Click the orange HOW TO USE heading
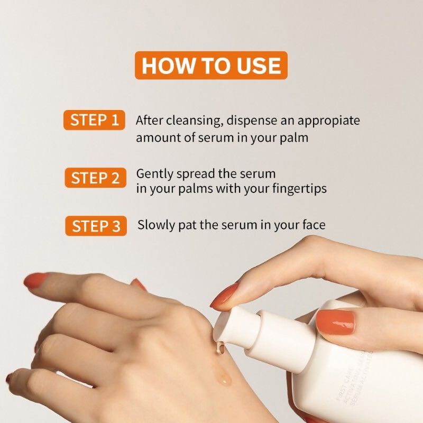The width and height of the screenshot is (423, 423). click(211, 66)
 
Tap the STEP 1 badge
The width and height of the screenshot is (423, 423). click(95, 120)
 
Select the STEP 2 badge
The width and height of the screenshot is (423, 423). click(96, 178)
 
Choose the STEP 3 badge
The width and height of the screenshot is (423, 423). click(96, 226)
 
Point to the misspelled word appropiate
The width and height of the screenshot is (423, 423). click(328, 121)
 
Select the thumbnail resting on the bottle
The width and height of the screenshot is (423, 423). click(335, 323)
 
